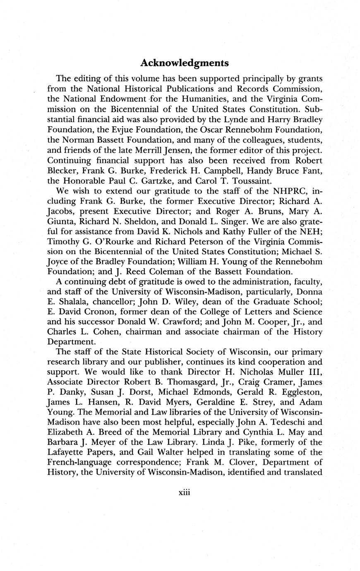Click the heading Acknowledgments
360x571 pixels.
184,63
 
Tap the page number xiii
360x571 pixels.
184,493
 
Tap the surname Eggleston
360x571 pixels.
298,392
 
